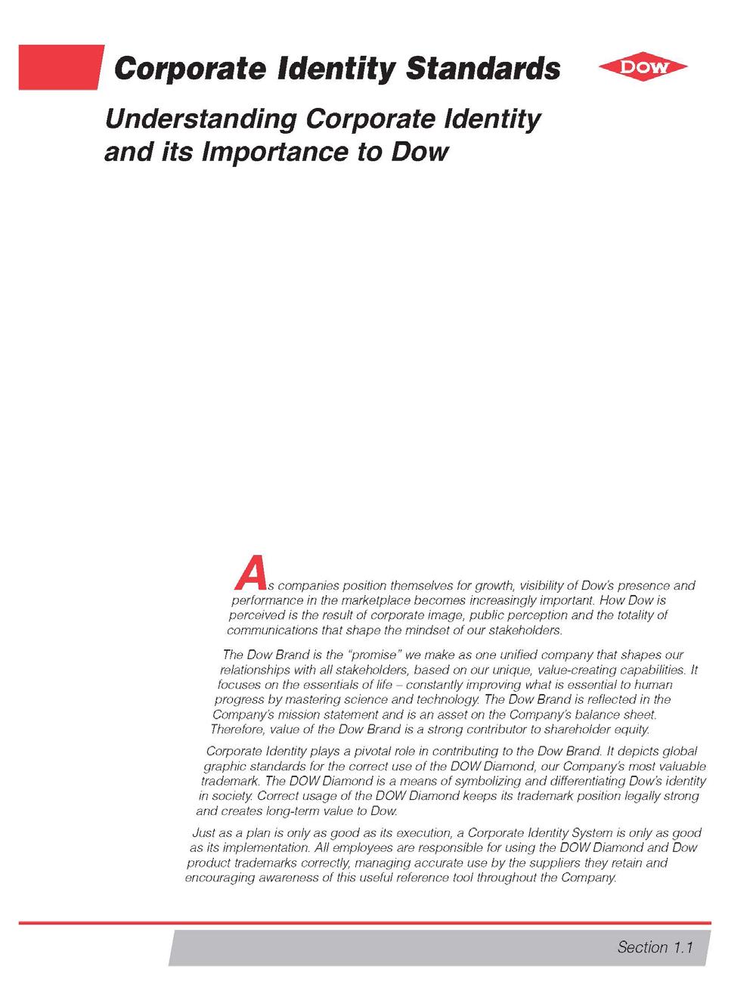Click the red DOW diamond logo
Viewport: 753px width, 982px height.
(x=643, y=67)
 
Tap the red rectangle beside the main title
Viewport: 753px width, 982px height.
(x=60, y=67)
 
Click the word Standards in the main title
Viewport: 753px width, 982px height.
(x=483, y=70)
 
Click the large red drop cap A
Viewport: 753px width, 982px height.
(x=249, y=573)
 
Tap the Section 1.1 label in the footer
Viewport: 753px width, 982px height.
(x=655, y=947)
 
